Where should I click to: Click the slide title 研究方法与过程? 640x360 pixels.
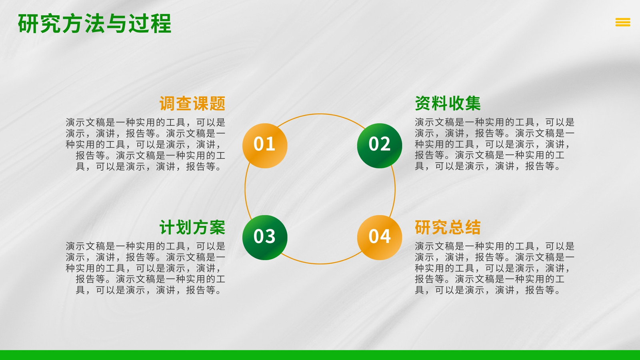[x=94, y=24]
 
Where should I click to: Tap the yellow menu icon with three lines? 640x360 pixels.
[x=623, y=22]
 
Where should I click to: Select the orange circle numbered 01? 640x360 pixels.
[x=265, y=146]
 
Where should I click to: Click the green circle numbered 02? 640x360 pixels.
[x=380, y=146]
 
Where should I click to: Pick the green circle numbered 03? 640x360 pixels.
[x=265, y=238]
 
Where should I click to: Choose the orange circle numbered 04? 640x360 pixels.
[x=380, y=238]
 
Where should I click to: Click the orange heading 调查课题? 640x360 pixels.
[x=192, y=104]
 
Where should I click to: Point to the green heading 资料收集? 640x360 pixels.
[x=448, y=104]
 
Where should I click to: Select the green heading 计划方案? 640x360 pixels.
[x=192, y=228]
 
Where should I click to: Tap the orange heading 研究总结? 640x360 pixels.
[x=448, y=228]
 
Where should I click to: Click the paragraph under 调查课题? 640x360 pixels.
[x=146, y=144]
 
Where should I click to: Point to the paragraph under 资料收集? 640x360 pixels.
[x=494, y=144]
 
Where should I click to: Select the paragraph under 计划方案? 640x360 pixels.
[x=146, y=268]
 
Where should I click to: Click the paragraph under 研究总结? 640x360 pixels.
[x=494, y=268]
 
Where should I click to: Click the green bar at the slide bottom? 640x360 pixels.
[x=320, y=355]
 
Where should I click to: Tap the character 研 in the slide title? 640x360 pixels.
[x=28, y=24]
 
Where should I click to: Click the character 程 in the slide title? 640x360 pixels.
[x=161, y=24]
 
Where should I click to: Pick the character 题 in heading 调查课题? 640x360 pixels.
[x=218, y=104]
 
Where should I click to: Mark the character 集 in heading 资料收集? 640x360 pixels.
[x=473, y=104]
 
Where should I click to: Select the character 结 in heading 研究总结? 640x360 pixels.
[x=473, y=228]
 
